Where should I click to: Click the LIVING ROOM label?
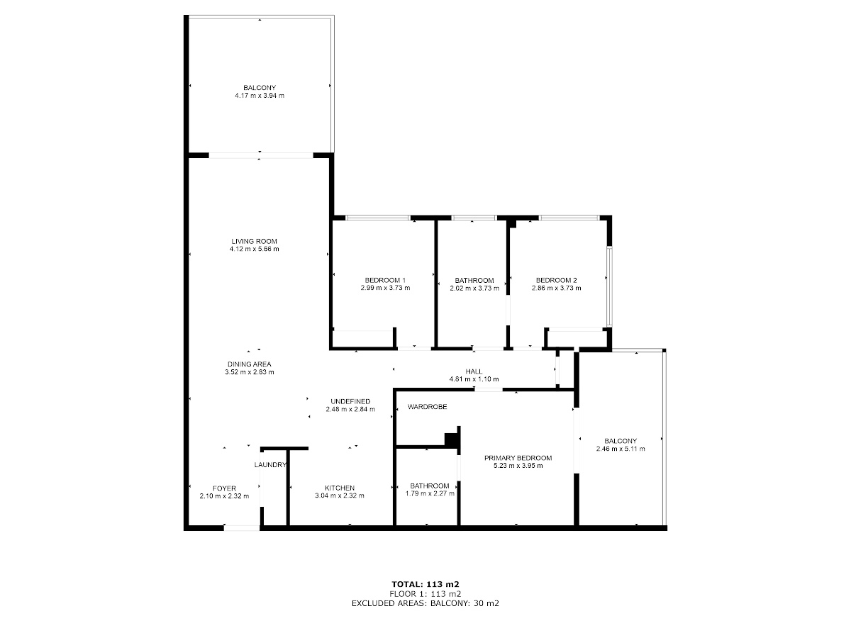(x=254, y=241)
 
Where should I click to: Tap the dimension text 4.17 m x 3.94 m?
(x=260, y=96)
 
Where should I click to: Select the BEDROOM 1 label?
(x=385, y=281)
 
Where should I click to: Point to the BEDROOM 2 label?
(x=557, y=281)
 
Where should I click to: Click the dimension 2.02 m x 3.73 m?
(x=474, y=289)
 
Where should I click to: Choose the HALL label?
(x=474, y=371)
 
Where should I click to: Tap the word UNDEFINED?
(x=350, y=401)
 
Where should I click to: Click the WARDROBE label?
(x=427, y=407)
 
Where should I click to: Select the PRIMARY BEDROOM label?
(x=518, y=458)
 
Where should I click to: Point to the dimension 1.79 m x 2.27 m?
(x=430, y=493)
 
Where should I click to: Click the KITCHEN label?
(x=340, y=488)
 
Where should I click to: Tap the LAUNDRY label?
(x=270, y=465)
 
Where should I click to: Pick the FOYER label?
(x=225, y=488)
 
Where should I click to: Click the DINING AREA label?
(x=250, y=364)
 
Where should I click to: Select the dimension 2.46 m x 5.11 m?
(x=621, y=449)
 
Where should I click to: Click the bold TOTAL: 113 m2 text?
(x=425, y=584)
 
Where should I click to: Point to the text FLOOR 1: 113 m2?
(x=425, y=594)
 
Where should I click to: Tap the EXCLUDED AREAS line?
(x=425, y=603)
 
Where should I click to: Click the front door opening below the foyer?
(x=242, y=527)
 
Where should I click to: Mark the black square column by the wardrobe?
(x=451, y=440)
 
